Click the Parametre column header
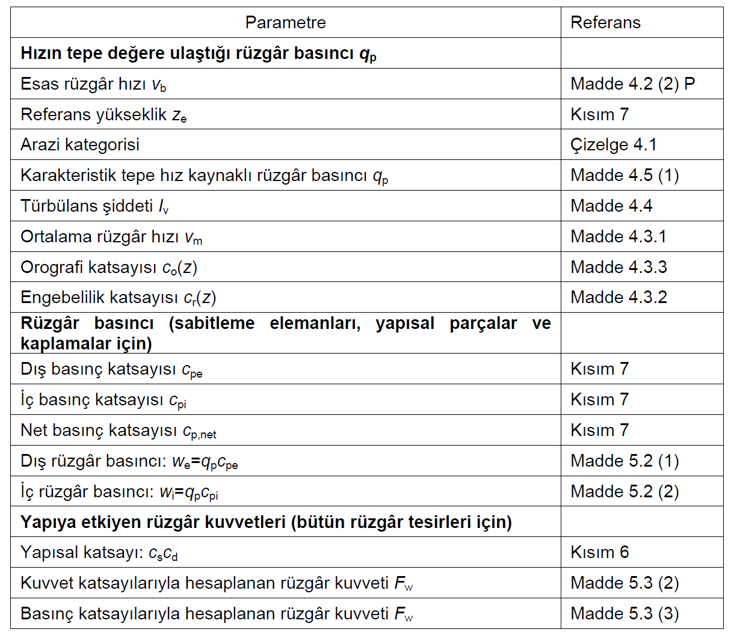click(x=285, y=23)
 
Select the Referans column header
click(x=605, y=23)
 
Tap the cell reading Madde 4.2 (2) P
click(x=632, y=84)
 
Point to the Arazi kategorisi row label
click(x=80, y=145)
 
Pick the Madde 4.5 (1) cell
click(x=625, y=176)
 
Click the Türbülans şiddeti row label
click(x=94, y=206)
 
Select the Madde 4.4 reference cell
click(x=611, y=206)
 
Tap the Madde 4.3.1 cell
click(x=618, y=237)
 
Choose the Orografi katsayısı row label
click(x=109, y=268)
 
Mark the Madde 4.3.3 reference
click(x=618, y=268)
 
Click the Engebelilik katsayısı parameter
click(x=118, y=298)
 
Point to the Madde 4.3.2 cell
click(x=618, y=298)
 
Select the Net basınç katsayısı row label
click(x=118, y=431)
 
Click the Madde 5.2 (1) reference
click(x=625, y=461)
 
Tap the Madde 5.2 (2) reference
click(x=625, y=492)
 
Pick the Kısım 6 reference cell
click(x=599, y=553)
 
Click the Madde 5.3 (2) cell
click(x=625, y=583)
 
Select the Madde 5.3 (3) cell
click(x=625, y=614)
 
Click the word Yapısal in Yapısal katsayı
click(x=49, y=553)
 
